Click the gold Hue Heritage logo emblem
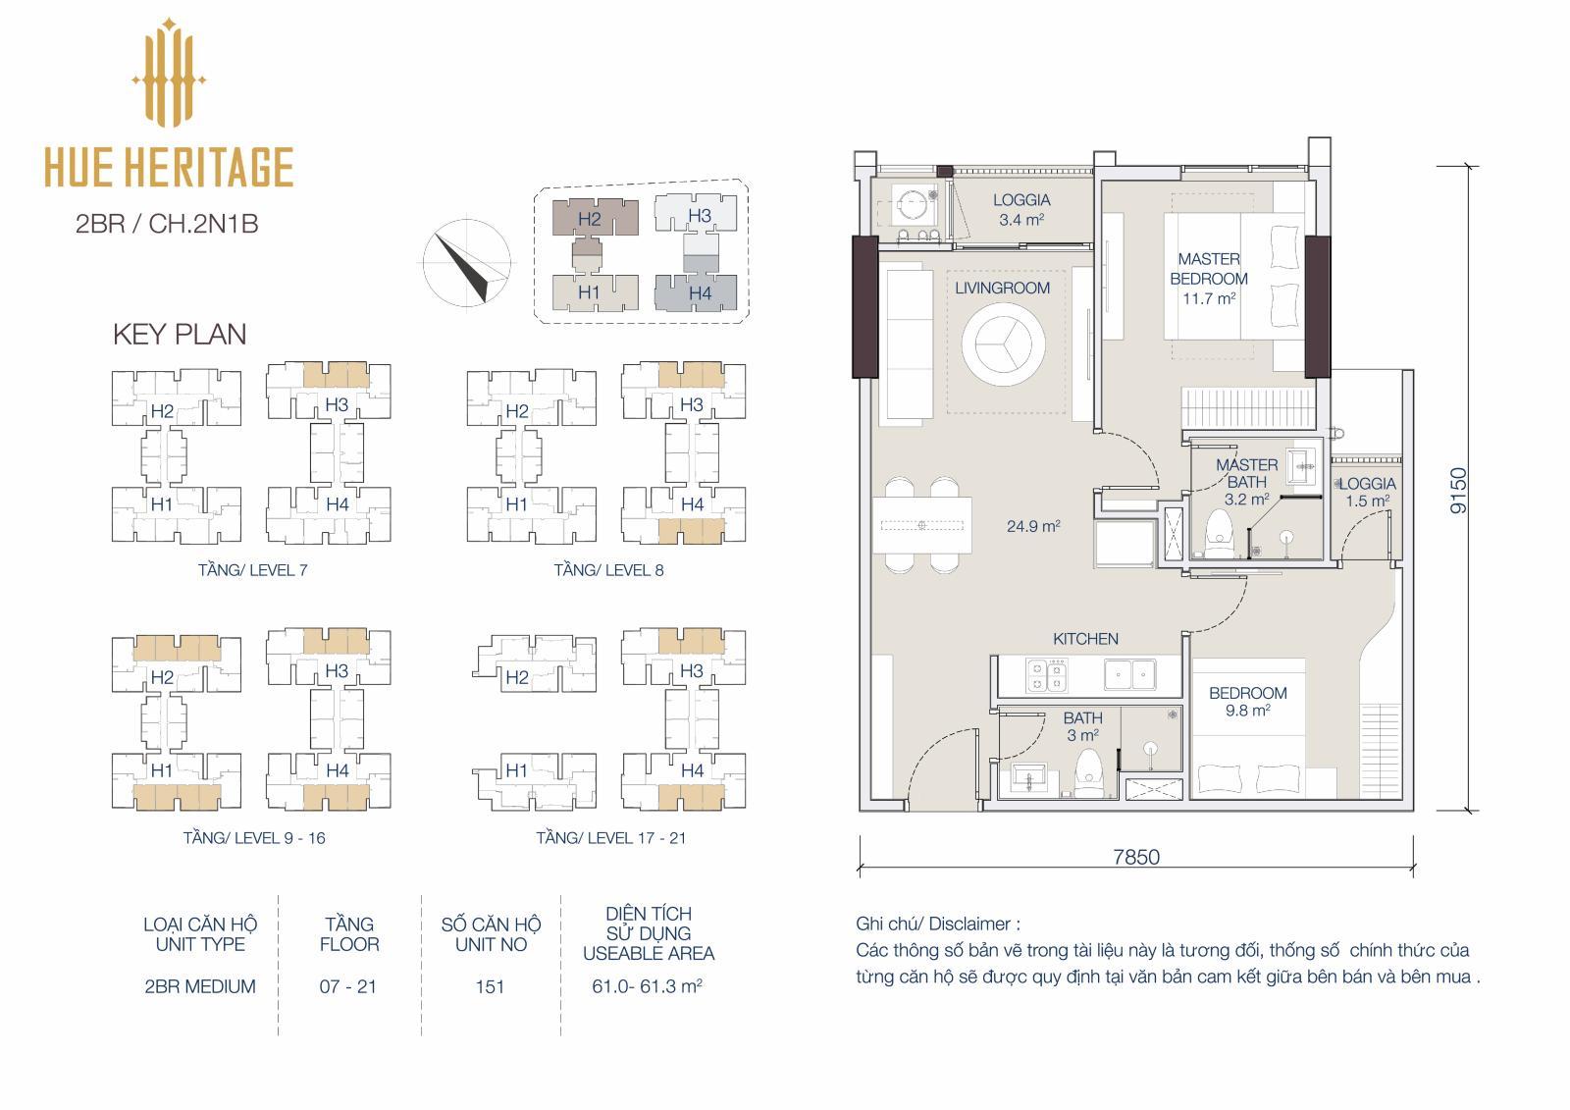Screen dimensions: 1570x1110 [168, 73]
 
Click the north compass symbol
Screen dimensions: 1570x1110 [467, 264]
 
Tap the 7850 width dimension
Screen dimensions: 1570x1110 [1136, 857]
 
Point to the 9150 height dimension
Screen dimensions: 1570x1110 [1458, 490]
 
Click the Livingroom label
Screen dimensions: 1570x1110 [1002, 288]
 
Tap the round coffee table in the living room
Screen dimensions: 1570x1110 [1004, 344]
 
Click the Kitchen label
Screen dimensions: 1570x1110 [1085, 639]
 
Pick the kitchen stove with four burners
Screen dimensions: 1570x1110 [1046, 675]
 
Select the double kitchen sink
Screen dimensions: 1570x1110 [1129, 674]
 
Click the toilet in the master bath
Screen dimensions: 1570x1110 [1219, 535]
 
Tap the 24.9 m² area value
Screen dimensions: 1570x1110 [1033, 526]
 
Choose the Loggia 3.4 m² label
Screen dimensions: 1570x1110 [1021, 210]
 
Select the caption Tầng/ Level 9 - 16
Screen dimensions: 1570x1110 [254, 838]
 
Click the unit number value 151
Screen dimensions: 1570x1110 [490, 986]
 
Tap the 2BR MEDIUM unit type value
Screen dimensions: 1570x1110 [200, 986]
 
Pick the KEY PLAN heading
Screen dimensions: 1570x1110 [180, 334]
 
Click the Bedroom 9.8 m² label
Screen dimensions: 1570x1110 [1247, 701]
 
